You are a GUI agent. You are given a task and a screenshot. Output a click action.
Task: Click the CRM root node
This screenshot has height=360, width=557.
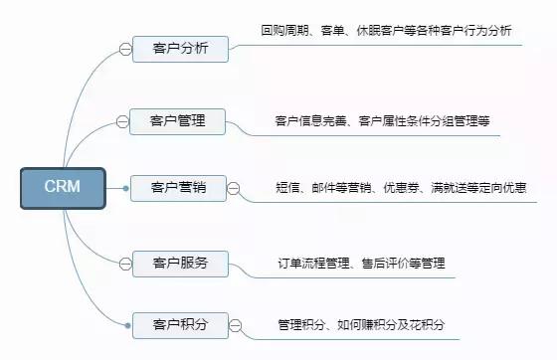(63, 186)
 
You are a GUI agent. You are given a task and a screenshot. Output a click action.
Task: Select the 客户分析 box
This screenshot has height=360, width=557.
(180, 48)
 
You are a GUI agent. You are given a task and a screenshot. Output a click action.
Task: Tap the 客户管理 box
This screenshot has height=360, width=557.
(178, 121)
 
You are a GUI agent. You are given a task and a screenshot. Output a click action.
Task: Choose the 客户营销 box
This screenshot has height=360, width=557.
(178, 187)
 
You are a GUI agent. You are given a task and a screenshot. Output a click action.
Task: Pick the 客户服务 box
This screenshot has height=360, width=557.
(180, 264)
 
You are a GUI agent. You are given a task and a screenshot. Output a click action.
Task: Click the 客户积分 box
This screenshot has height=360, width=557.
(180, 324)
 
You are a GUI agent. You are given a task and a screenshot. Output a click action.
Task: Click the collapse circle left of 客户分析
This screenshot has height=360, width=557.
(124, 48)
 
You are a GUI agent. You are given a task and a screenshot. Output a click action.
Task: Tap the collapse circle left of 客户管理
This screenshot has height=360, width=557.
(122, 121)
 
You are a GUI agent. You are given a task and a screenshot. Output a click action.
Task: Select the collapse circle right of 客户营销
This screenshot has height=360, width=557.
(234, 187)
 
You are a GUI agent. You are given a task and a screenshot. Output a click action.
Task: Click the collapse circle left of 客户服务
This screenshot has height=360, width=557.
(124, 264)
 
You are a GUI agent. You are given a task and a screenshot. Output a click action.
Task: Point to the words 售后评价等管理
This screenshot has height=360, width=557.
(402, 264)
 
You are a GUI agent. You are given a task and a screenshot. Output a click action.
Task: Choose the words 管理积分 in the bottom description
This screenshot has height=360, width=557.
(296, 324)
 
